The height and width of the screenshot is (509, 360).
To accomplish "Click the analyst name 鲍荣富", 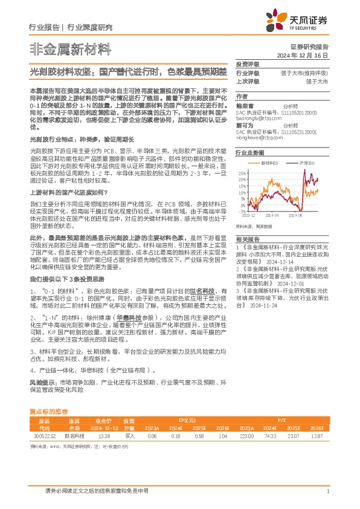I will (x=244, y=105).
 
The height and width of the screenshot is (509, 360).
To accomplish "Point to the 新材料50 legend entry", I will (x=269, y=163).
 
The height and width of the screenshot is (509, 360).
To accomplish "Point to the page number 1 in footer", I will (x=327, y=491).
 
